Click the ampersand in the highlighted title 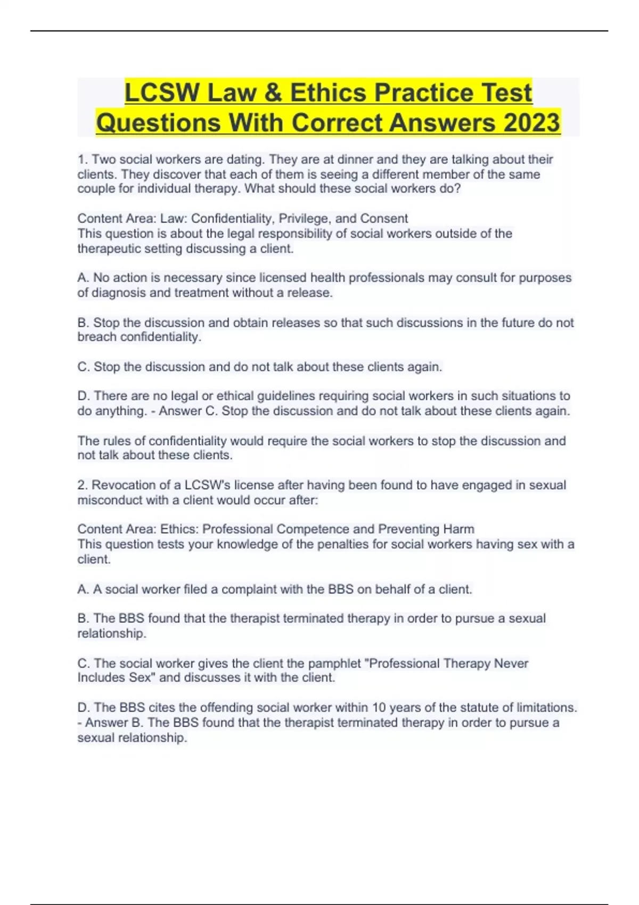(272, 93)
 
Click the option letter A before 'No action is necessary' (83, 277)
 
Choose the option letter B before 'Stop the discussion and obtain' (83, 323)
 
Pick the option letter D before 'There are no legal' (83, 396)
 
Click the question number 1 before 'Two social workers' (81, 159)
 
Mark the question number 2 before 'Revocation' (81, 485)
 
